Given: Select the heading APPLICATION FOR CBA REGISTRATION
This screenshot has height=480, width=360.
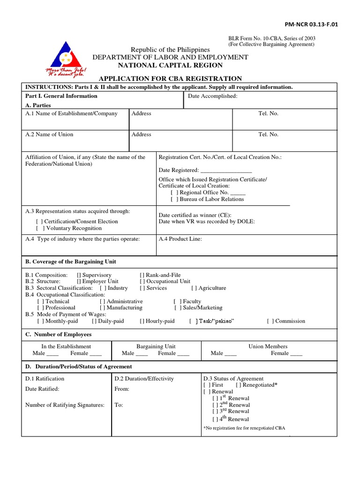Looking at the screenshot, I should tap(170, 78).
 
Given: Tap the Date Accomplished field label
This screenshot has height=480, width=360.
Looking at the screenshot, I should tap(213, 96).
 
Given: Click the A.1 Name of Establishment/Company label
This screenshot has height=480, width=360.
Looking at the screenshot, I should tap(71, 113).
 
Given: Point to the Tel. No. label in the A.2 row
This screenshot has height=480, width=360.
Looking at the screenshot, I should tap(268, 134).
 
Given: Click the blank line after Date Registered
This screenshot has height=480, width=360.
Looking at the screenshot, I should tap(226, 170).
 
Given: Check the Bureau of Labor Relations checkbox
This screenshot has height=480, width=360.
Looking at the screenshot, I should tap(174, 199).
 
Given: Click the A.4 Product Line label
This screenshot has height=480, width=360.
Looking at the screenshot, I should tap(180, 239).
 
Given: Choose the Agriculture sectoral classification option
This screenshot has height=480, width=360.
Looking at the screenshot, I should tap(194, 288).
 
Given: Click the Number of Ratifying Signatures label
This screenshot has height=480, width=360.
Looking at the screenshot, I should tap(65, 405).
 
